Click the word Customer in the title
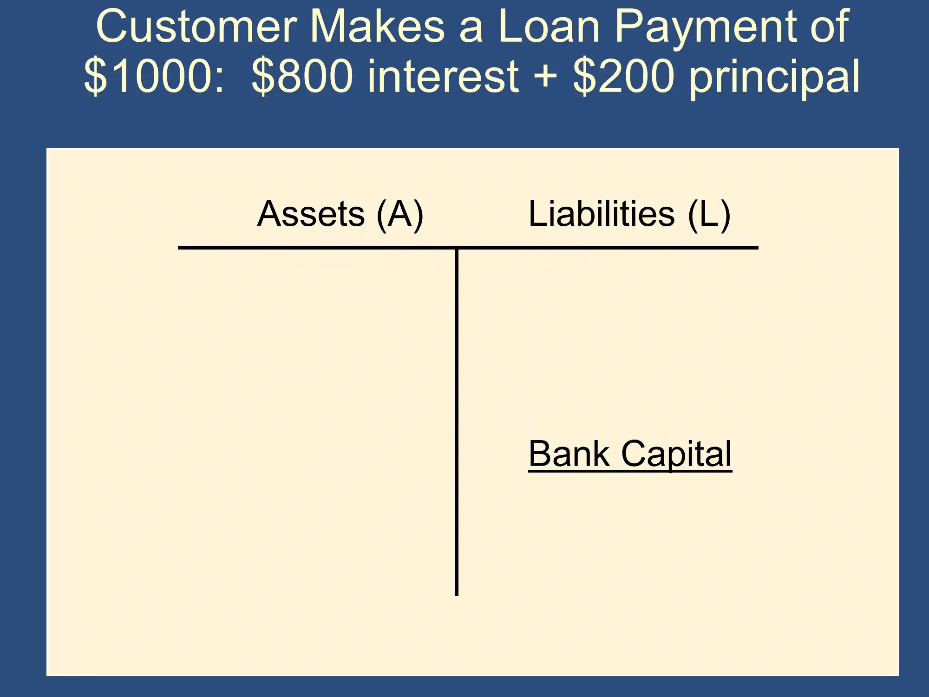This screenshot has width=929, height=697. coord(196,26)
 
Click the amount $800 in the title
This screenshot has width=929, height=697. coord(302,76)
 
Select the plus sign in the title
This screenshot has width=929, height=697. coord(545,77)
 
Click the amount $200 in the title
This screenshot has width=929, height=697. coord(623,76)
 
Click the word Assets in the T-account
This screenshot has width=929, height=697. coord(311,214)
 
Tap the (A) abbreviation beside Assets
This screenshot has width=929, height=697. coord(400,215)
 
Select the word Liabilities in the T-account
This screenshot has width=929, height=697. coord(602,214)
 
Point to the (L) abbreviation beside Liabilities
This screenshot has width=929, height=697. coord(709,215)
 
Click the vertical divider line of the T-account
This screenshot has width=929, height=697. coord(457,422)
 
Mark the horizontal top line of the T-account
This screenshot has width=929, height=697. coord(468,248)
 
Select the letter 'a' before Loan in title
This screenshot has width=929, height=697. coord(471,31)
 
